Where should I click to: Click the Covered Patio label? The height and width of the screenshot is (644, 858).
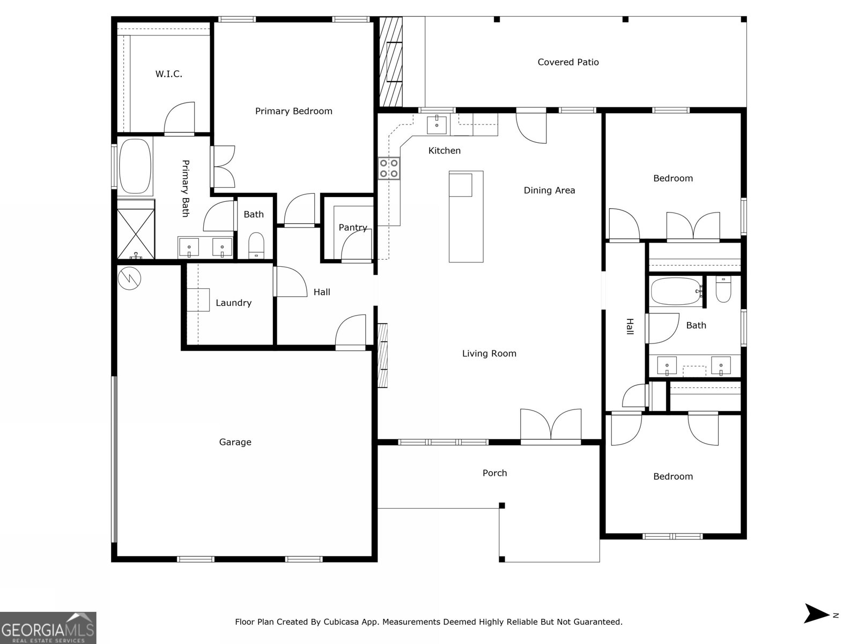[568, 62]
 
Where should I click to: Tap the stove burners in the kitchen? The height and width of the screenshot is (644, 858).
[389, 168]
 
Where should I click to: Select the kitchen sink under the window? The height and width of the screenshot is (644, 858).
[437, 125]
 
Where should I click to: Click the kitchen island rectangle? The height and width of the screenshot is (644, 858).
[466, 217]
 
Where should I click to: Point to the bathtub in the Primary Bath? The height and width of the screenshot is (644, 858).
[135, 166]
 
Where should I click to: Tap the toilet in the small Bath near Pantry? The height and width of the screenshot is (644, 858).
[256, 245]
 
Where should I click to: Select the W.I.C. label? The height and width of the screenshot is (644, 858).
[169, 74]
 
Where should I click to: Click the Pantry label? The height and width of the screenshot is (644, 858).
[353, 228]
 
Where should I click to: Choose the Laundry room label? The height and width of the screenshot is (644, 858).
[233, 303]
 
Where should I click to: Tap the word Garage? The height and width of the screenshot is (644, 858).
[235, 442]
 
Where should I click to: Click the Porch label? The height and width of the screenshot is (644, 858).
[494, 473]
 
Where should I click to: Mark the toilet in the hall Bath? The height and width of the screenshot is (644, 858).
[723, 290]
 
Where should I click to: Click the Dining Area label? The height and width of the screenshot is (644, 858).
[549, 190]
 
